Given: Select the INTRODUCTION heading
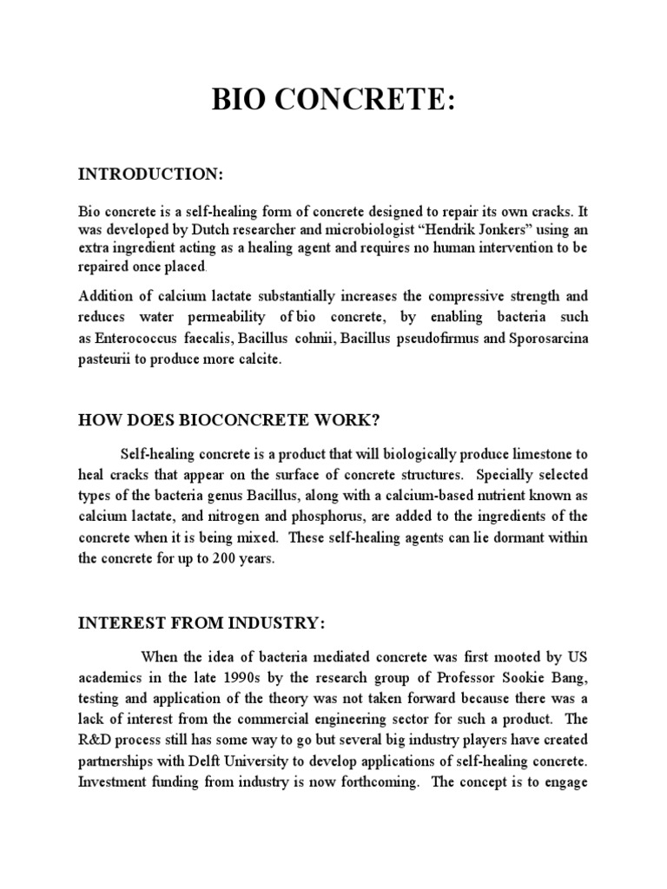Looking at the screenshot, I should coord(151,175).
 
